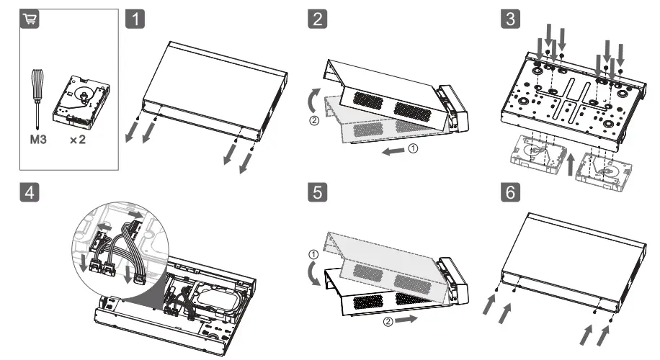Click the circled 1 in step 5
[x=312, y=254]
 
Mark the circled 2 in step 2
[x=312, y=120]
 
